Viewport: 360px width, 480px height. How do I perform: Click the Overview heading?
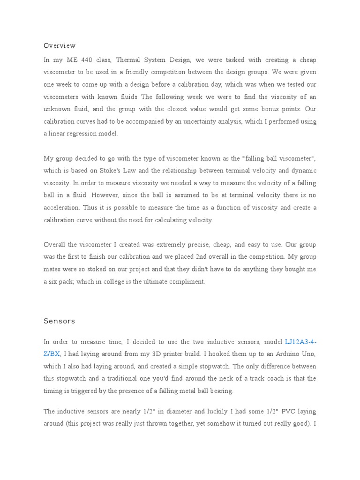click(x=60, y=45)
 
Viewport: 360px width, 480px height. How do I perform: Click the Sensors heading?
click(x=60, y=321)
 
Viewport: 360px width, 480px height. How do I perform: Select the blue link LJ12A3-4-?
click(x=300, y=342)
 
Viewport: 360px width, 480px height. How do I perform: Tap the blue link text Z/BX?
click(x=52, y=354)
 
